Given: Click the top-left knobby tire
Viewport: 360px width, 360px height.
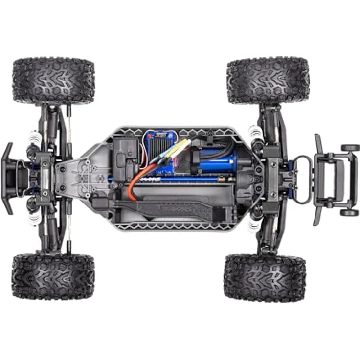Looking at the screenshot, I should (53, 81).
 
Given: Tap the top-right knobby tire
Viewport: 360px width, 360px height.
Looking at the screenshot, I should (268, 80).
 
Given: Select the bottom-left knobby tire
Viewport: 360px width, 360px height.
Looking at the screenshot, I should (53, 276).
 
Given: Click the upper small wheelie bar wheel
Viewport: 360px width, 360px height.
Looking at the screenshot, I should (350, 148).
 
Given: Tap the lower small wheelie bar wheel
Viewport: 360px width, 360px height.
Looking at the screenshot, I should (349, 212).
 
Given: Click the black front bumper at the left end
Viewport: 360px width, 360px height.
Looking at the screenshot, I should (9, 178).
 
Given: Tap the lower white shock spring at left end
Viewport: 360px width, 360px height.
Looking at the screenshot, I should (34, 219).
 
